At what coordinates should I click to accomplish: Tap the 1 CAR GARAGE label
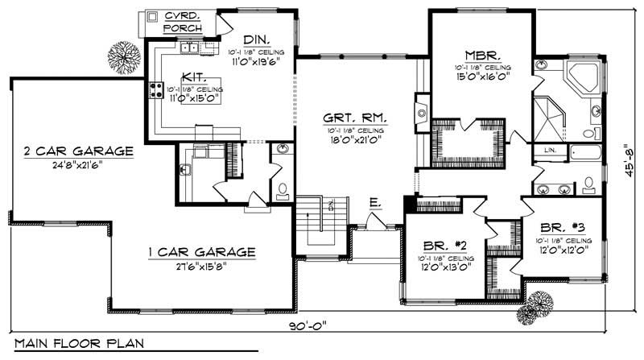click(x=201, y=252)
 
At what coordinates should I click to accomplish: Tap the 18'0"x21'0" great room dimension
click(x=355, y=139)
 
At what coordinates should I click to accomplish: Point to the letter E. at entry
click(x=374, y=205)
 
